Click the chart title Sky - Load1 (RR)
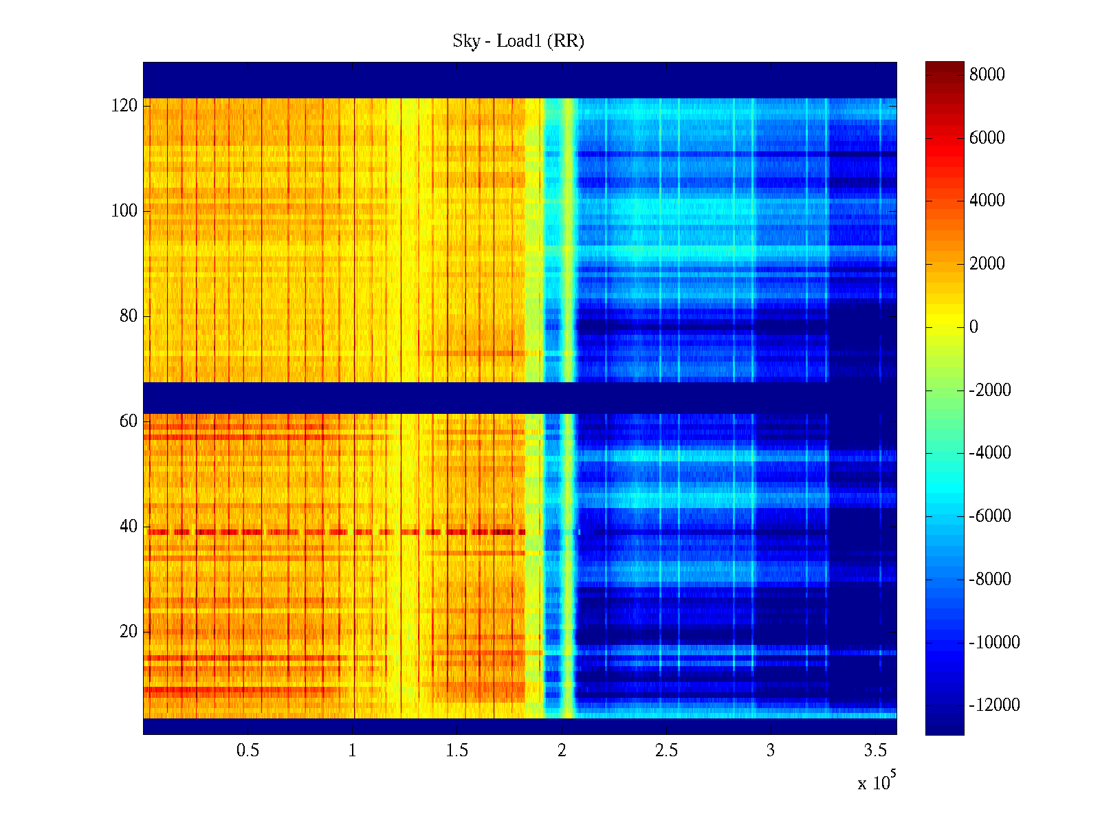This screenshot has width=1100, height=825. coord(518,41)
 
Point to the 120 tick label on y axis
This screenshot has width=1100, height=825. coord(124,106)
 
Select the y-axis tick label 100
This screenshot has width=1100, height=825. coord(124,211)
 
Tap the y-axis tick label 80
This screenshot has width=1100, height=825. coord(129,316)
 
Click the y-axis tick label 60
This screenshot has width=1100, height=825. coord(129,421)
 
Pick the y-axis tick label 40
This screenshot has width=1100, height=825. coord(129,527)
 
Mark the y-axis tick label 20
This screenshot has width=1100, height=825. coord(129,632)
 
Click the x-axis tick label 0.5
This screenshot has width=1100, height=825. coord(247,751)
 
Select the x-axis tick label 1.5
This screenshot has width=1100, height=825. coord(456,751)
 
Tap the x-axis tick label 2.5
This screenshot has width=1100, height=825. coord(666,751)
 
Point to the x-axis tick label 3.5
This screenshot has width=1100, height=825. coord(875,751)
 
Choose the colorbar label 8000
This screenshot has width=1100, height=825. coord(987,75)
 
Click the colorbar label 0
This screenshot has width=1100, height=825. coord(973,327)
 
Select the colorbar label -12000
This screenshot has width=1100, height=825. coord(994,705)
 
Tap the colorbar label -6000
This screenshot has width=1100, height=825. coord(990,516)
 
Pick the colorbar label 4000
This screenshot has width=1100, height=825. coord(987,201)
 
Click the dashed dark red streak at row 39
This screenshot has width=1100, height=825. coord(337,532)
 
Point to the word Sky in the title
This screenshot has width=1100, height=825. coord(465,41)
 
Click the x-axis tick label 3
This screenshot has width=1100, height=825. coord(771,751)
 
